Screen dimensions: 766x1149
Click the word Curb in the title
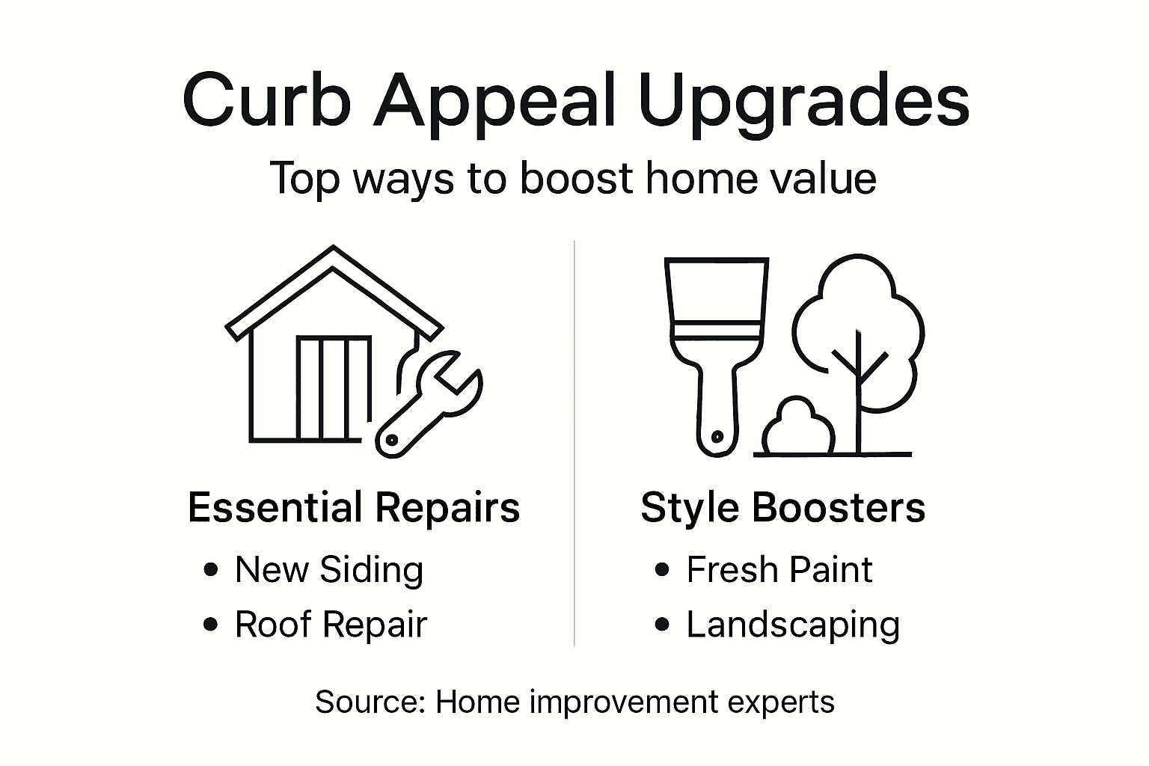266,99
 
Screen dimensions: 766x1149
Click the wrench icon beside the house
426,404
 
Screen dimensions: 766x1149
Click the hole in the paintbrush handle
717,435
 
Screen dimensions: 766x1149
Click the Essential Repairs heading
354,507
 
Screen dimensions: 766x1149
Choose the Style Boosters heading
782,507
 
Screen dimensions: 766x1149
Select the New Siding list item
329,570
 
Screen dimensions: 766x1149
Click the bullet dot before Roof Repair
211,625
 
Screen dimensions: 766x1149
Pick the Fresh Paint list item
779,570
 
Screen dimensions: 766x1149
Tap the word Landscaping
793,625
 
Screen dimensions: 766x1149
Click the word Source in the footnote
370,702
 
